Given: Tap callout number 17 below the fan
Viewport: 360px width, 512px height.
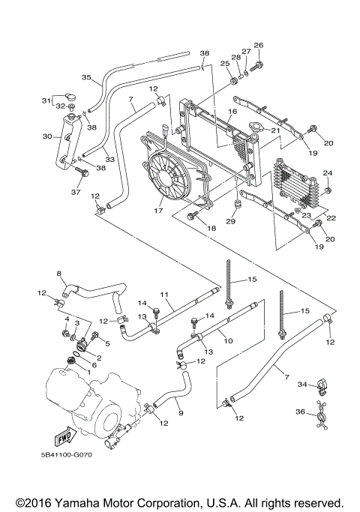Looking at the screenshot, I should tap(158, 211).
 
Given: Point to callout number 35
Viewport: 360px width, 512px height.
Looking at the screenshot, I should tap(86, 77).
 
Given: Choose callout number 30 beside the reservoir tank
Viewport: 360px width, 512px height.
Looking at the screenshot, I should tap(46, 136).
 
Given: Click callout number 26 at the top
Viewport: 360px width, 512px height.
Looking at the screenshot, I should tap(259, 45).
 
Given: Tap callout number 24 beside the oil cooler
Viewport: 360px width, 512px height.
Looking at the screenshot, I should tap(326, 173).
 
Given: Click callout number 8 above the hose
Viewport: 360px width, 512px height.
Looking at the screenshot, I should tap(59, 274).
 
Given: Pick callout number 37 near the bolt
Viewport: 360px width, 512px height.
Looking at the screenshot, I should tap(75, 191).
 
